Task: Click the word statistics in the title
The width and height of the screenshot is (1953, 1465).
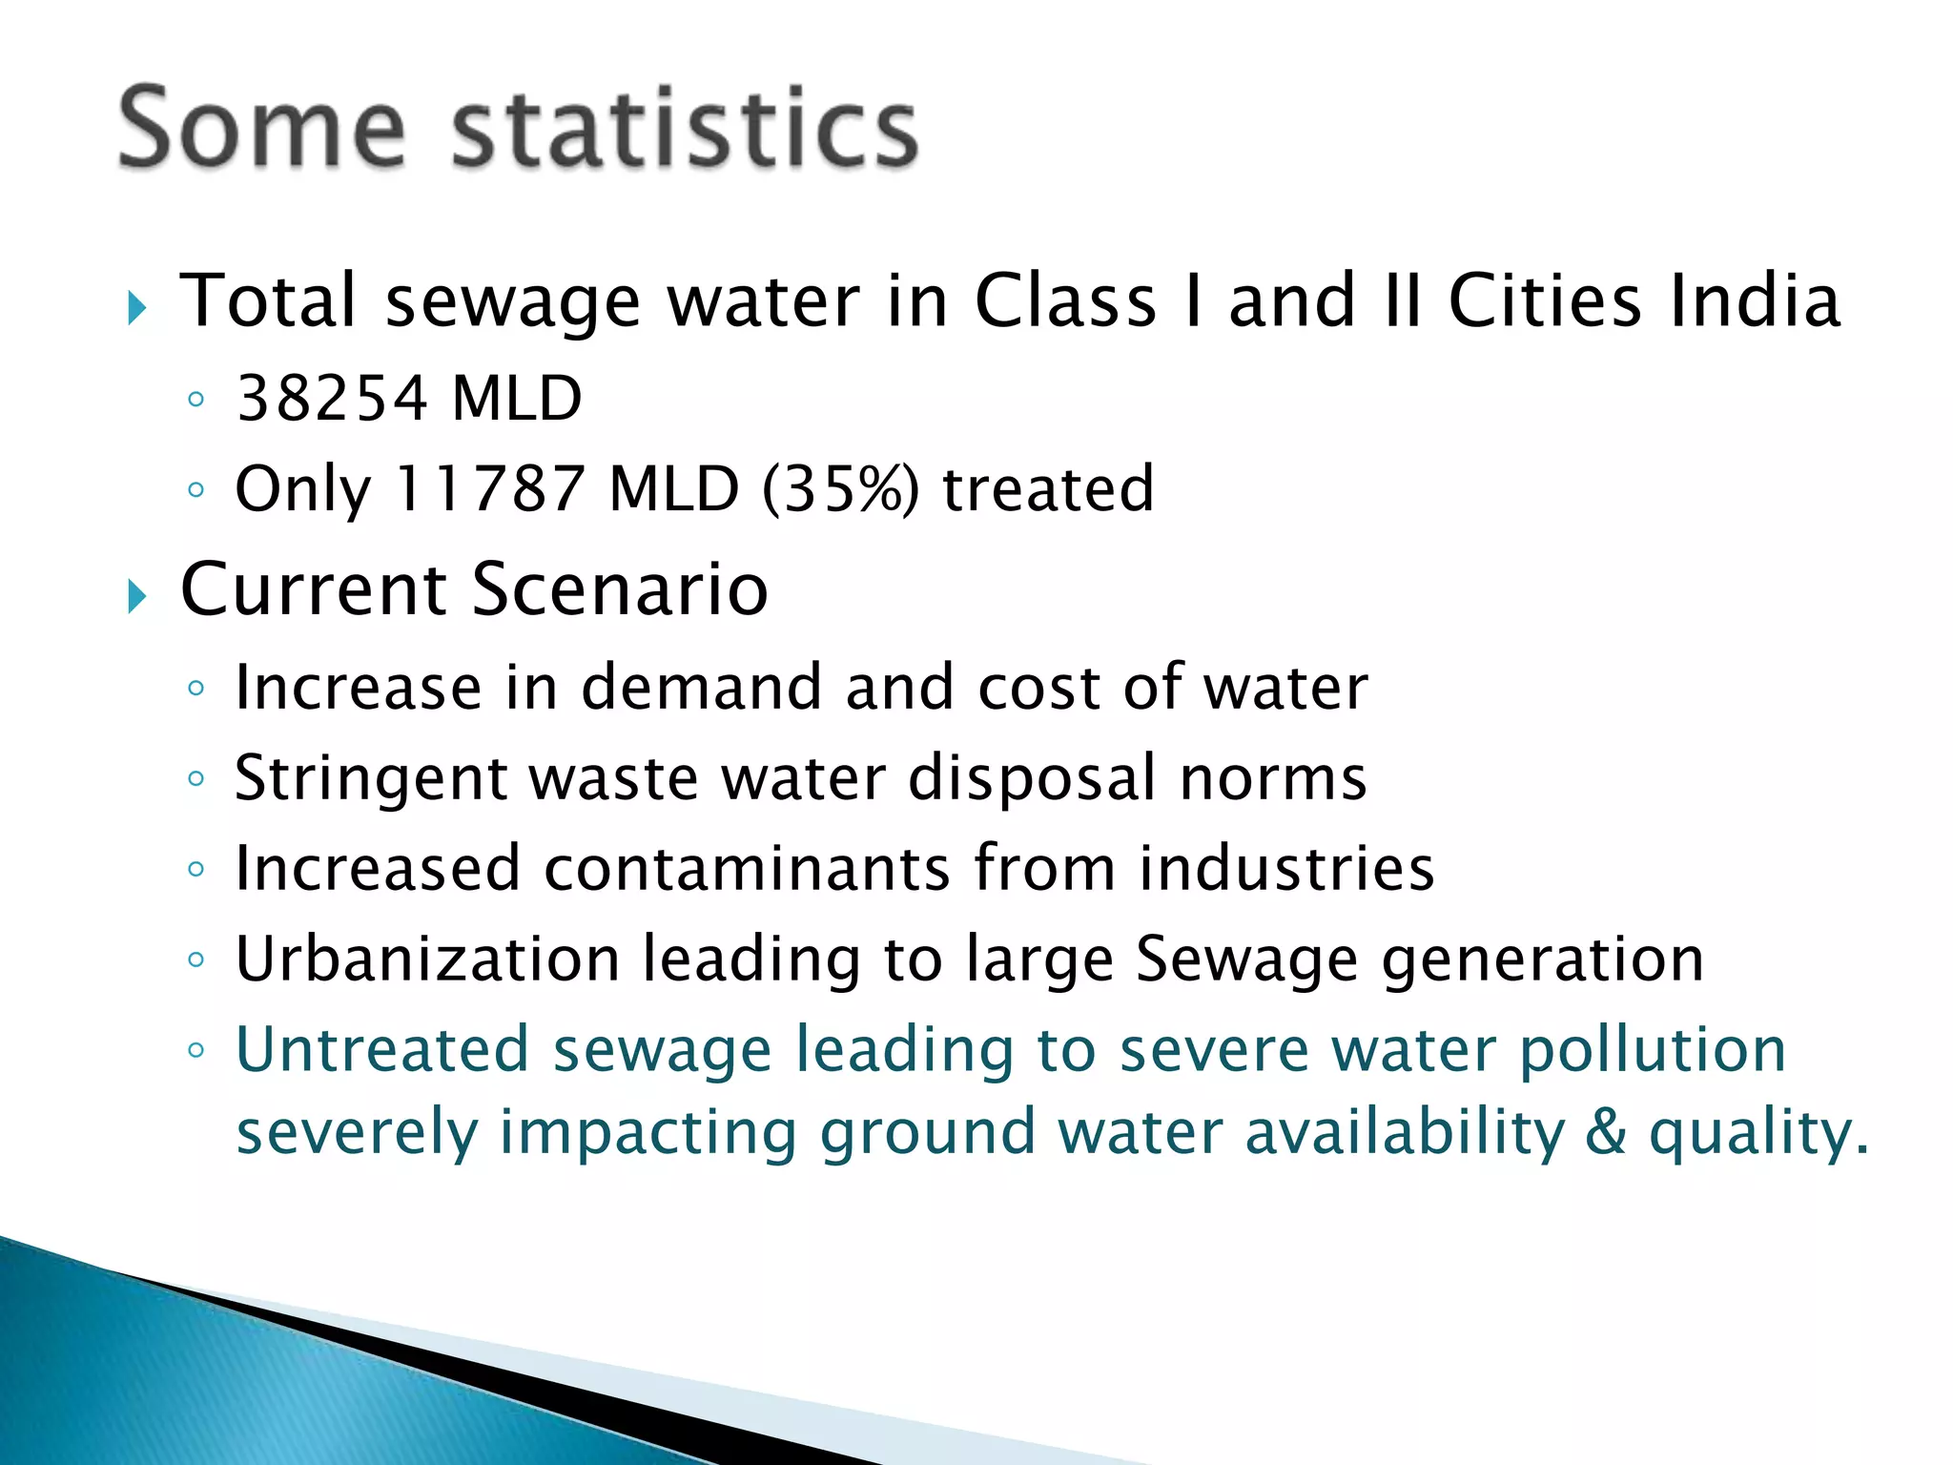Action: coord(684,129)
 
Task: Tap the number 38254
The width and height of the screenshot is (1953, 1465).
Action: coord(332,399)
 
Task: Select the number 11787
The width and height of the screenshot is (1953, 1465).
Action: coord(489,489)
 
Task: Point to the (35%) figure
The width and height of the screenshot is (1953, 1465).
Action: coord(841,489)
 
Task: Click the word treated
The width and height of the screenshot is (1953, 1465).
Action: coord(1048,489)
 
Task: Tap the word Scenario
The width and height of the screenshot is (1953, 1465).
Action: coord(620,589)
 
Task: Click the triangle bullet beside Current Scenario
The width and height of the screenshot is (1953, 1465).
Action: coord(137,597)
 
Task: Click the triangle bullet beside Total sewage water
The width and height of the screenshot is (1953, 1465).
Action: coord(137,309)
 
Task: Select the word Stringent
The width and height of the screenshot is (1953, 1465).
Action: coord(371,778)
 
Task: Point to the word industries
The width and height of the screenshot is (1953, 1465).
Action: coord(1286,868)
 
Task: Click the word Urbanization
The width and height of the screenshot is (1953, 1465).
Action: coord(428,959)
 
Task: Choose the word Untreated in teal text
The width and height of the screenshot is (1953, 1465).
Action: coord(382,1050)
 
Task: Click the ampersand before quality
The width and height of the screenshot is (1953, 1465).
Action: coord(1606,1132)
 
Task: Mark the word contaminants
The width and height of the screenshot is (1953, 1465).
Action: coord(747,868)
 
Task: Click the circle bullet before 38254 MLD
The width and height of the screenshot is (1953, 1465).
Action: coord(196,400)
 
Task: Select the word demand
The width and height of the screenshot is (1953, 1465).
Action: coord(701,687)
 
